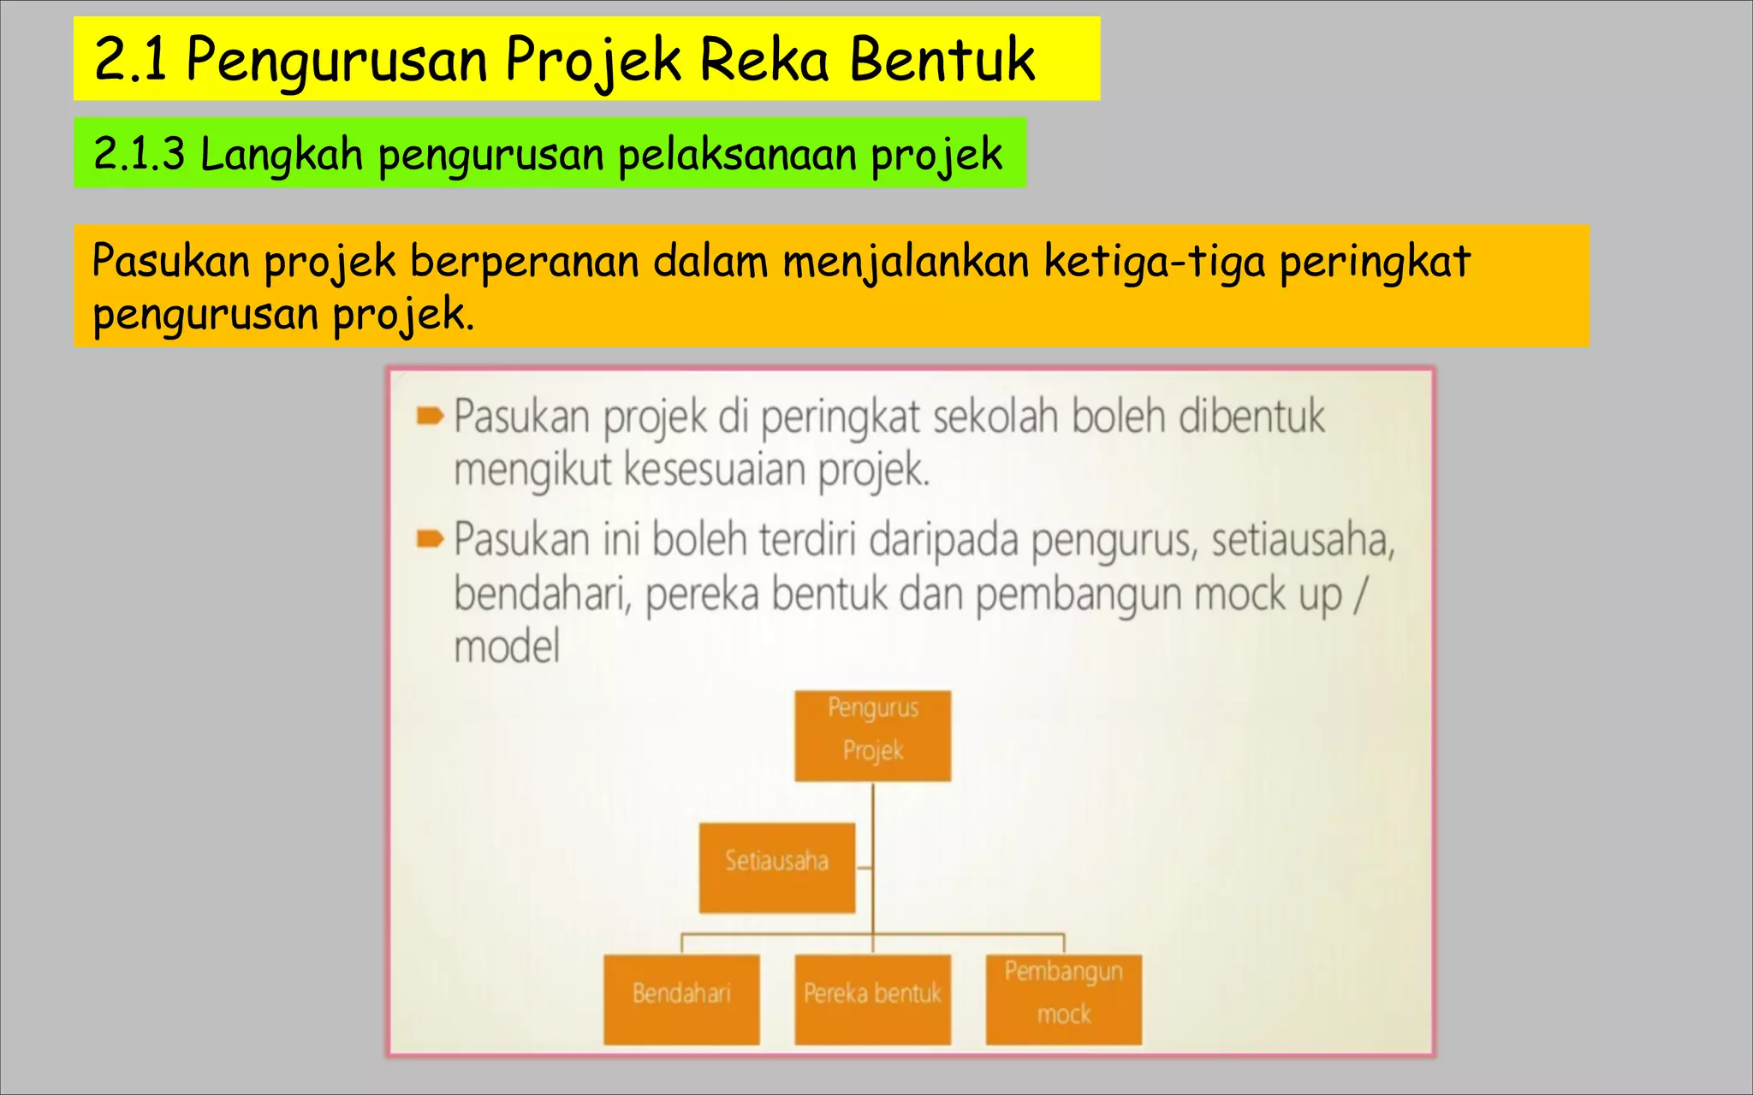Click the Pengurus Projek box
coord(872,736)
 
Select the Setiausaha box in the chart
coord(776,867)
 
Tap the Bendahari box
coord(681,999)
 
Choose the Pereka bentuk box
coord(872,999)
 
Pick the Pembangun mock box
coord(1063,999)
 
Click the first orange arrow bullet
coord(430,417)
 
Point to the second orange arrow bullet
coord(430,539)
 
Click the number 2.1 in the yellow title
coord(130,60)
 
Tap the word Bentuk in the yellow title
coord(942,60)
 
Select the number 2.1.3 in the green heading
coord(139,154)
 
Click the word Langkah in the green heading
coord(282,156)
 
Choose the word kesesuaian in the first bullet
coord(714,471)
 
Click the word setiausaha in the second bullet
coord(1303,541)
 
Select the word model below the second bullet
coord(507,647)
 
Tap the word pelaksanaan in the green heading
coord(737,156)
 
